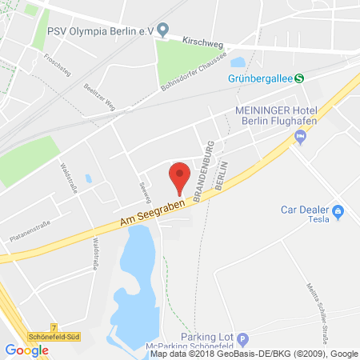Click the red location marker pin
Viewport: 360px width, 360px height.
click(181, 175)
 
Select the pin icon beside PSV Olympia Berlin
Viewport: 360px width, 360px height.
click(163, 31)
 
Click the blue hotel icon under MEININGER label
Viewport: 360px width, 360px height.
click(301, 138)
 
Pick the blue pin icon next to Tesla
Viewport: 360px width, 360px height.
click(338, 212)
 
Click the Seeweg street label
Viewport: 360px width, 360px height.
click(145, 189)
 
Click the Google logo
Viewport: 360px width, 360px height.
click(26, 350)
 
